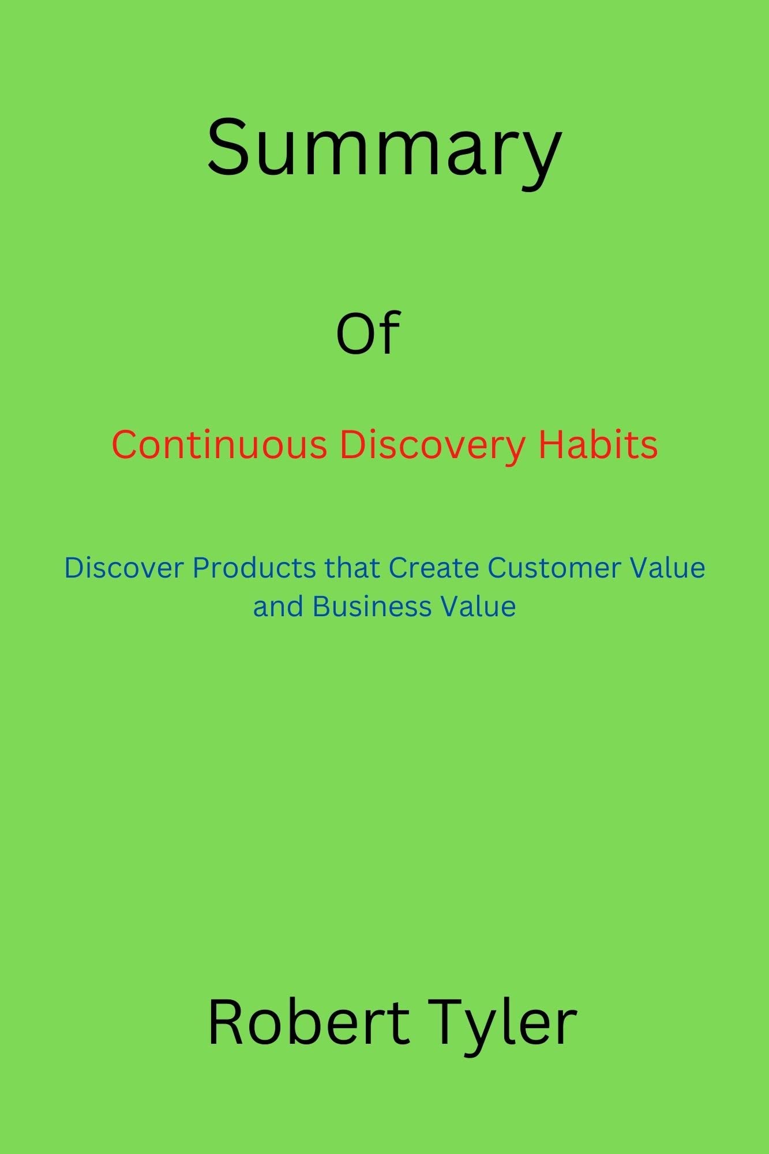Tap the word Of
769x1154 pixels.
[x=368, y=333]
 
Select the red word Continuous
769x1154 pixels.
[x=219, y=445]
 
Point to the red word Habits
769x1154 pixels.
[x=598, y=445]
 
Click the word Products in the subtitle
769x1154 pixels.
[x=254, y=568]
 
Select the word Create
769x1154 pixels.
[x=434, y=568]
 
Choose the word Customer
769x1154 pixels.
[x=553, y=568]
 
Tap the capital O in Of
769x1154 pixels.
[x=354, y=335]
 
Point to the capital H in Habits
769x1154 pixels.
[x=551, y=445]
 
